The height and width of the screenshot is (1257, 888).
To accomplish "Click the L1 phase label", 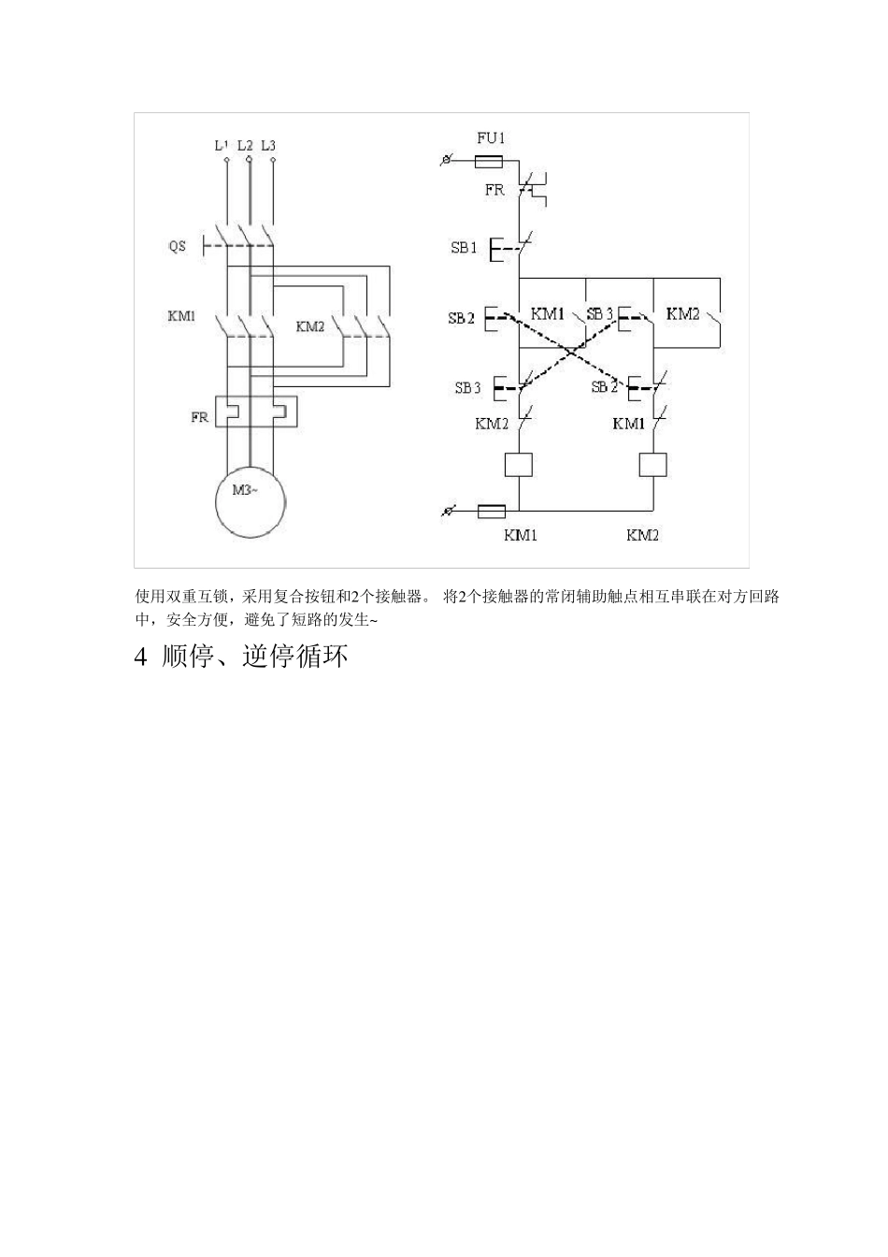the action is point(221,145).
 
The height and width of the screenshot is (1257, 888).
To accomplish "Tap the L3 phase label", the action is point(269,145).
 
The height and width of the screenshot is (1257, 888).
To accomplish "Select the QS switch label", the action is point(177,246).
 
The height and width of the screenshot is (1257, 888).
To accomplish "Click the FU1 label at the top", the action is point(491,137).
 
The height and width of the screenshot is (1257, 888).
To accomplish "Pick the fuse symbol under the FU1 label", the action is point(490,161).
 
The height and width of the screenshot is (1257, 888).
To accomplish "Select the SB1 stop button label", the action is point(465,248).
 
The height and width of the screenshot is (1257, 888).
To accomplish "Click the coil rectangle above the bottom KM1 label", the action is point(518,465).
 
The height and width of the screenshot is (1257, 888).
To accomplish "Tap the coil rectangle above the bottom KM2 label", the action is point(652,465).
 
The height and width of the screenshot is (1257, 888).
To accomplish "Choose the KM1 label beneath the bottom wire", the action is point(521,535).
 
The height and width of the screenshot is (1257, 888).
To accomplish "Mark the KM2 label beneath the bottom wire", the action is point(643,535).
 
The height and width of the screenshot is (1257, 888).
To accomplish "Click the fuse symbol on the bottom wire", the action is point(492,512).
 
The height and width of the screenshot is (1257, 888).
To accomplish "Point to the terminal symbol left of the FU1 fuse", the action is point(447,161).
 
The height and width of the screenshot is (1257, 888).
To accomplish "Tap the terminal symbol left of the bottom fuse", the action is point(450,512).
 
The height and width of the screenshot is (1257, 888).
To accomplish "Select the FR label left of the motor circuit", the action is point(200,417).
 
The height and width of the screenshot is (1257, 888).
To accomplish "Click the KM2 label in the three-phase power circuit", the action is point(310,326).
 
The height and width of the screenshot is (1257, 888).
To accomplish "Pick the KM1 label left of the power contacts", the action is point(181,316).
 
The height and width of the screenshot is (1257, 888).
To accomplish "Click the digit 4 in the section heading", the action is point(141,657).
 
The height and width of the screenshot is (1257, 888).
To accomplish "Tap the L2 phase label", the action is point(245,145).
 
